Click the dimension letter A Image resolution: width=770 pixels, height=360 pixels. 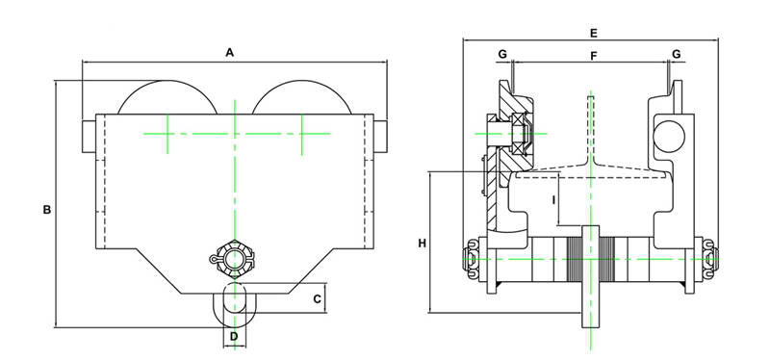pyautogui.click(x=229, y=52)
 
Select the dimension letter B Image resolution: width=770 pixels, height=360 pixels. pyautogui.click(x=47, y=210)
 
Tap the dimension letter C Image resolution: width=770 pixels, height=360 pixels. pyautogui.click(x=317, y=298)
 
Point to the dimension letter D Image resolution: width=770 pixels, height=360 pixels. pyautogui.click(x=234, y=337)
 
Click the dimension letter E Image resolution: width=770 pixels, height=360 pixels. pyautogui.click(x=593, y=34)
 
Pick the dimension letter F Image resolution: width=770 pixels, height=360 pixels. pyautogui.click(x=593, y=56)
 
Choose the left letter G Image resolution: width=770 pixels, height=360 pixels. pyautogui.click(x=502, y=55)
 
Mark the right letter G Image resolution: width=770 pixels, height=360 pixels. pyautogui.click(x=677, y=54)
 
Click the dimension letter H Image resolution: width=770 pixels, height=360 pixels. pyautogui.click(x=423, y=243)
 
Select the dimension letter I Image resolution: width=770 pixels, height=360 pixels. pyautogui.click(x=553, y=200)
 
